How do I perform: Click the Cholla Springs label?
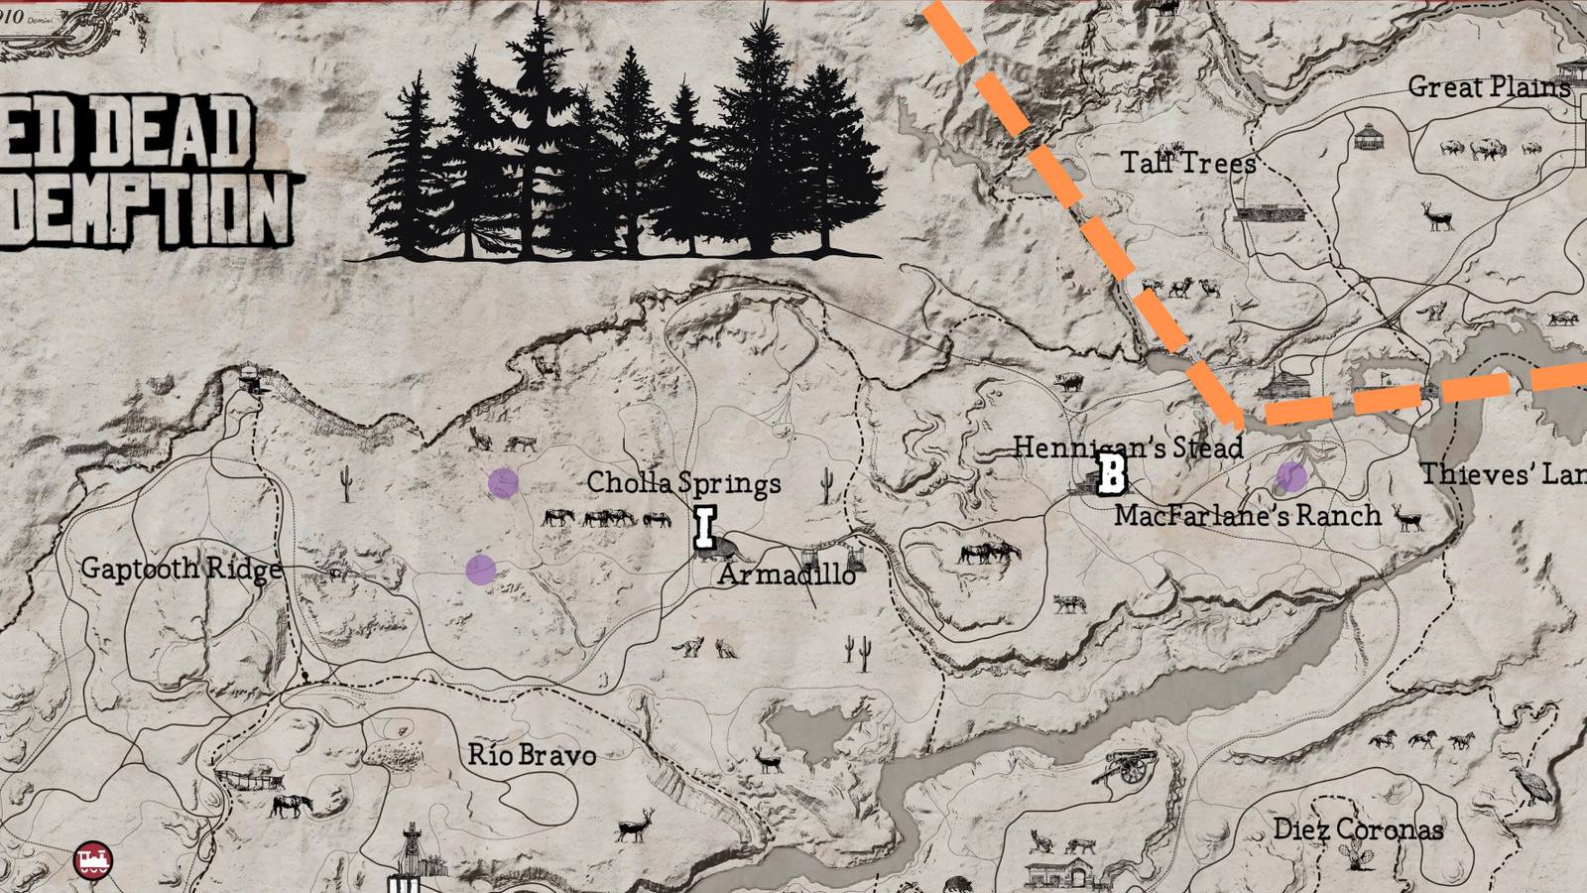[683, 483]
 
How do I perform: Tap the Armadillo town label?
[788, 574]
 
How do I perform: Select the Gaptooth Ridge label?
[181, 569]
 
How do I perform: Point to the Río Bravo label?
[532, 755]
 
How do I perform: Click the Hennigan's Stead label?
[1128, 446]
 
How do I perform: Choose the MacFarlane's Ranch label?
[1247, 515]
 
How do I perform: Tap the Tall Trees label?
[1188, 163]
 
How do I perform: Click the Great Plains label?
[1489, 87]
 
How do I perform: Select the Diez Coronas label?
[1358, 829]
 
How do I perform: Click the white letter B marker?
[1112, 474]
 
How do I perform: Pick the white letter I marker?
[705, 528]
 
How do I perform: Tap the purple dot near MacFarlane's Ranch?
[1290, 476]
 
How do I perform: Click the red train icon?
[93, 859]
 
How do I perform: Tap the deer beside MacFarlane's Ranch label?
[1408, 518]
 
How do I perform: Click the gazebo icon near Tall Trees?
[1369, 136]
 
